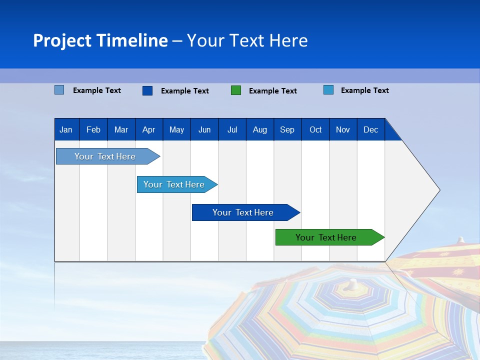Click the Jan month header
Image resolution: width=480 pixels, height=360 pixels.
click(66, 129)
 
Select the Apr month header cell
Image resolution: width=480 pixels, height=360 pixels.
click(149, 129)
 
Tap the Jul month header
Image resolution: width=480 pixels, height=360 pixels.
click(232, 129)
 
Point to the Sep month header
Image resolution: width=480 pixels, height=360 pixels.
click(287, 129)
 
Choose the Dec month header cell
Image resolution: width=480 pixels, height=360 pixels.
click(370, 129)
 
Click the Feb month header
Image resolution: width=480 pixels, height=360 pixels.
click(93, 129)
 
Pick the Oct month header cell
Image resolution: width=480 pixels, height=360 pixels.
click(315, 129)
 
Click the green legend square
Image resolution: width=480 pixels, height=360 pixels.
click(236, 90)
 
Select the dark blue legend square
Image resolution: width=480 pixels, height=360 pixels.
click(147, 90)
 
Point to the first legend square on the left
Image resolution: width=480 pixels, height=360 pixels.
click(59, 90)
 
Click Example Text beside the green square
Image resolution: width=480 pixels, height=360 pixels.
click(273, 90)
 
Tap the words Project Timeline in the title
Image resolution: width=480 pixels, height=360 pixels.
click(100, 40)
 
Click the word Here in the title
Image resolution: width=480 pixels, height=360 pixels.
click(288, 40)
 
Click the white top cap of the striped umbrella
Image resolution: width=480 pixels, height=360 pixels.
click(353, 283)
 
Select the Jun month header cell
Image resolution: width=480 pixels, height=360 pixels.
click(204, 129)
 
